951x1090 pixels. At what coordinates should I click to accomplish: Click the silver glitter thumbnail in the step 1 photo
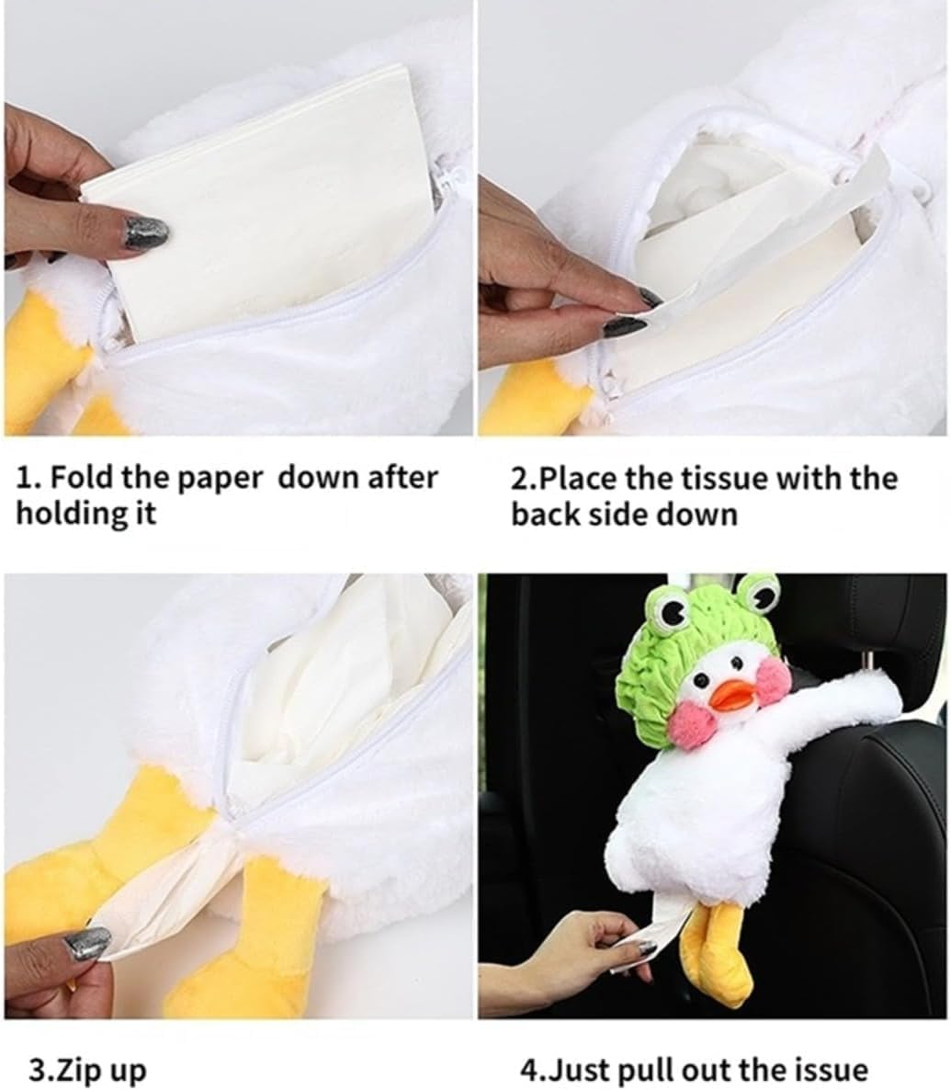point(145,233)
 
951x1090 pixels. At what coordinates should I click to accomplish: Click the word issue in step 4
point(823,1070)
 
